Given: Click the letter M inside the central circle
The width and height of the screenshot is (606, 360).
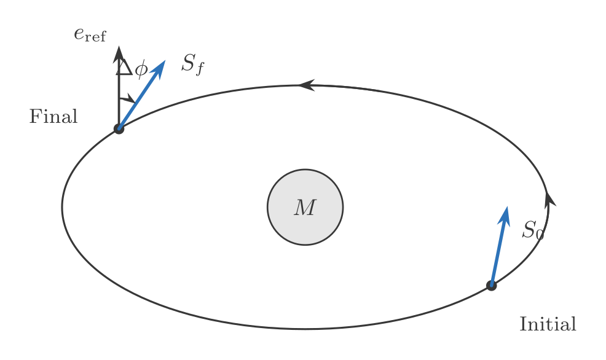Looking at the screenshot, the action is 305,208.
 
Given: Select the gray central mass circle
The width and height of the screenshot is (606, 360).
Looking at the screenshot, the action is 305,207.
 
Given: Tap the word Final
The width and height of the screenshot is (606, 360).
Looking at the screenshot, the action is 53,116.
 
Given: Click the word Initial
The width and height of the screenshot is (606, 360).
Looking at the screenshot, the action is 548,324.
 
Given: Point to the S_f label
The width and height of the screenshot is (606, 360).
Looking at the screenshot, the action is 192,64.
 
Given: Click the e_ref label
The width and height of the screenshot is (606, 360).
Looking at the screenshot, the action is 90,35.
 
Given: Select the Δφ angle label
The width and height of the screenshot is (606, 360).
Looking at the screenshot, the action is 132,68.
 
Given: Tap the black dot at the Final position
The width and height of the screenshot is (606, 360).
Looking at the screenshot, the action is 119,129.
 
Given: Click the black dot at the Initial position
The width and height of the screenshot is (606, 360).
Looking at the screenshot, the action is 491,286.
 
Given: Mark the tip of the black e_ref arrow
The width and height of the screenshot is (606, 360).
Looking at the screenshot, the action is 119,46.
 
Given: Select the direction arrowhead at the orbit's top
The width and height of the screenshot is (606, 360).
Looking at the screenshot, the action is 307,85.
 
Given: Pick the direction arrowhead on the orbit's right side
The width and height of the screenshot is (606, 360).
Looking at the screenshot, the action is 549,199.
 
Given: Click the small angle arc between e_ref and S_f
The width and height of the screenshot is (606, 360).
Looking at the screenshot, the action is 128,99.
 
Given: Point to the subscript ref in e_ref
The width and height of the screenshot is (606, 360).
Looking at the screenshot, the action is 95,37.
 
